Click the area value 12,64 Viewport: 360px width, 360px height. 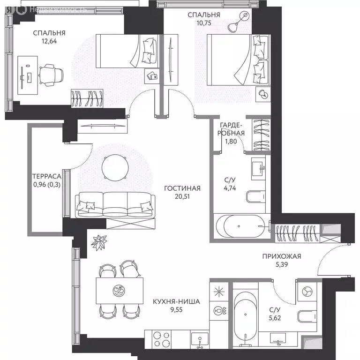point(49,41)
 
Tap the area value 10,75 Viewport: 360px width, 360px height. point(204,23)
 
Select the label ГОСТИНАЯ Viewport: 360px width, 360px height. point(182,188)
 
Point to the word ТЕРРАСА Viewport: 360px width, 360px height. point(46,176)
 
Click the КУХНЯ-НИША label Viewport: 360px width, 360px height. point(176,301)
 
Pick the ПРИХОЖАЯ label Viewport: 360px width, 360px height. point(282,256)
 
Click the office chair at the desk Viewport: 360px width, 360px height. point(51,75)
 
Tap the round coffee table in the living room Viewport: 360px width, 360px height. point(115,168)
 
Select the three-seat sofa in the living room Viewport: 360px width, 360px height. point(115,205)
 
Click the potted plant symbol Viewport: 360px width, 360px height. point(99,243)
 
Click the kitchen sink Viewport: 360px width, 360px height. point(200,340)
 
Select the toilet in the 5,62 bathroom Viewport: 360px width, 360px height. point(307,316)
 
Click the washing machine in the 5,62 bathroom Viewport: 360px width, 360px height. point(307,292)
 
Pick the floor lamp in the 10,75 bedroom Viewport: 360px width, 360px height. point(239,22)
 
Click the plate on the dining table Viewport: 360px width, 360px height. point(119,291)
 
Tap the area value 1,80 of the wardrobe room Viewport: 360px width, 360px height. point(231,142)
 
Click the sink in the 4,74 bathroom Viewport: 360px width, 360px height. point(259,169)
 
